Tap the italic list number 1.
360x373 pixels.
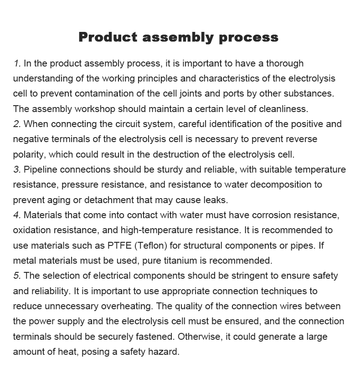[x=17, y=63]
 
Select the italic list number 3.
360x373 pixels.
[x=17, y=169]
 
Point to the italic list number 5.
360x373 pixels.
[x=17, y=276]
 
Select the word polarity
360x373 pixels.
[x=30, y=154]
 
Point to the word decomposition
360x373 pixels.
[x=287, y=184]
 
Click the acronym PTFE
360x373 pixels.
[x=118, y=245]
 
